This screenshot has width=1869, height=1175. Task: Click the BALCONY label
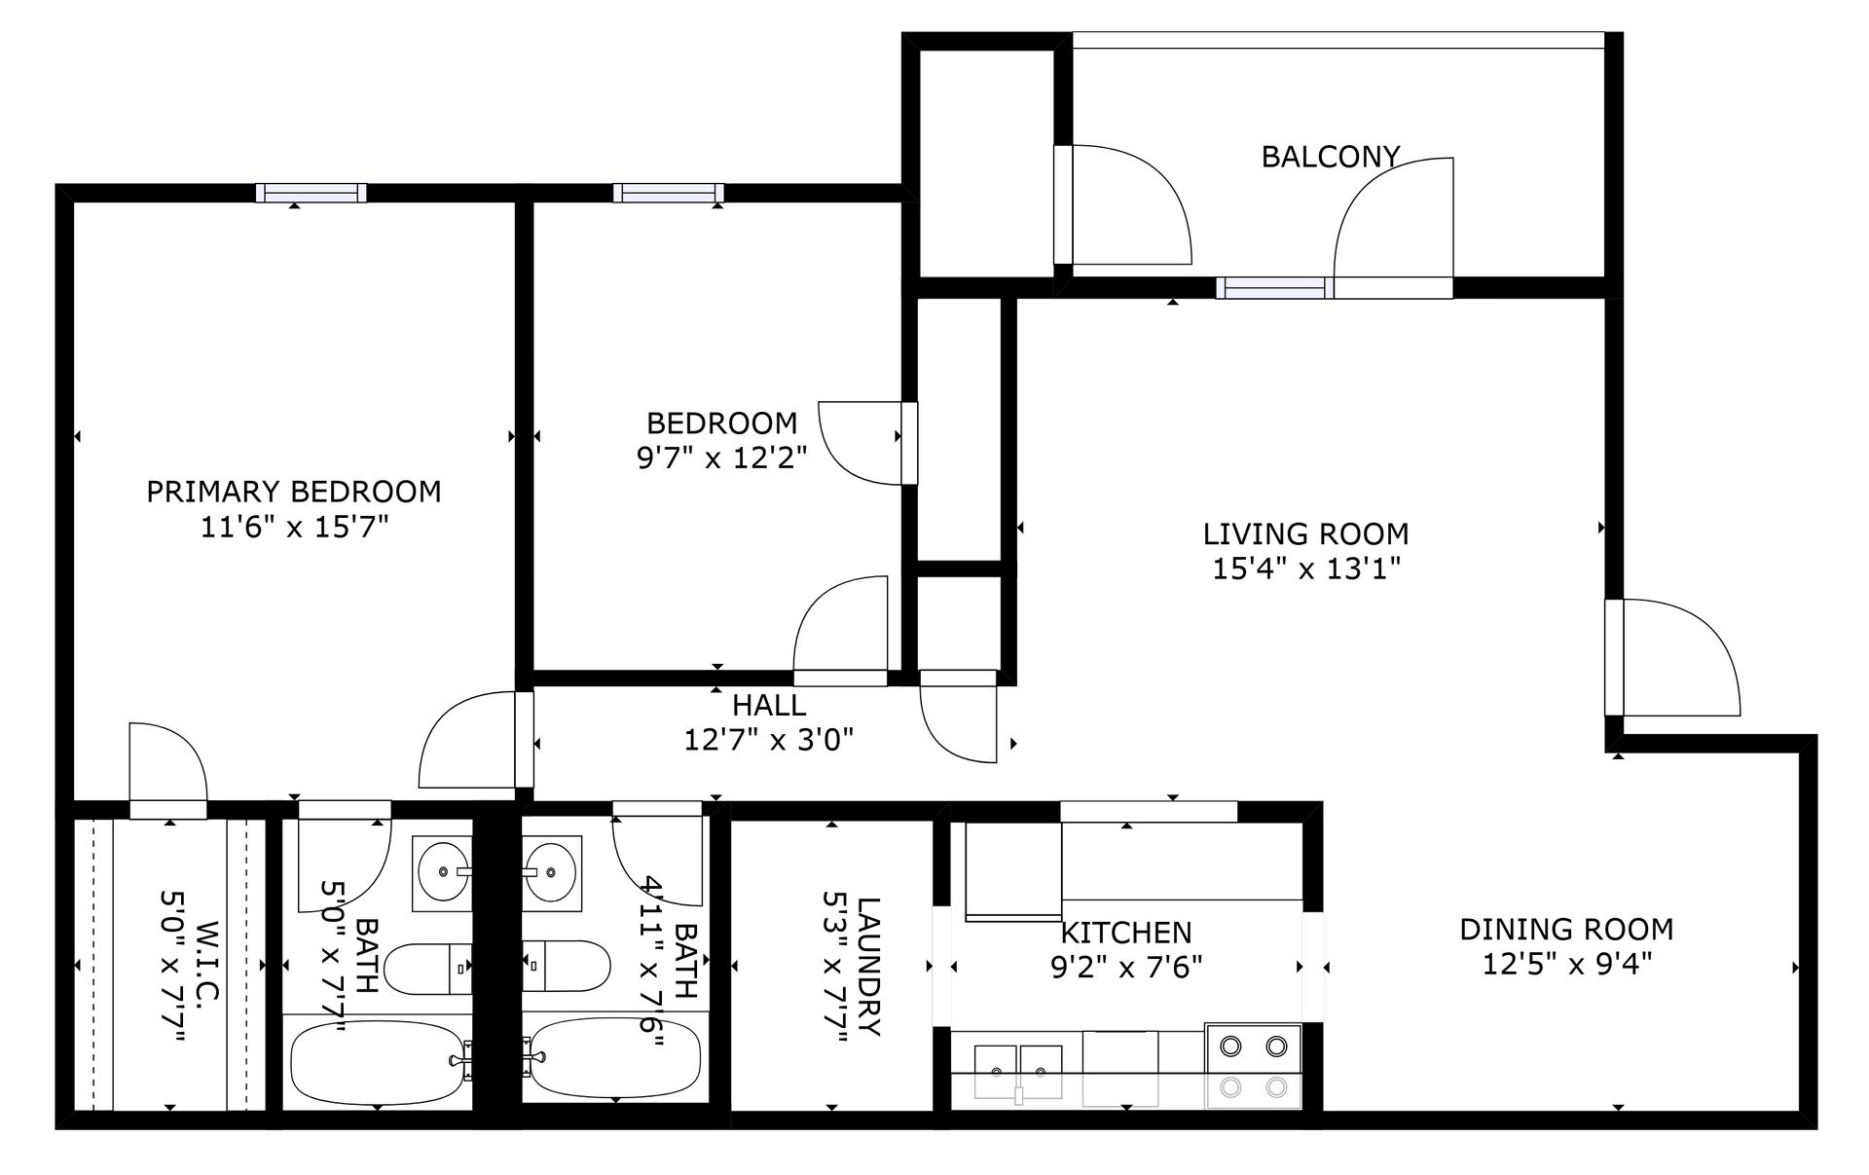coord(1330,157)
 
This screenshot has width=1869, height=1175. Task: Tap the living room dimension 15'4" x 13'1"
coord(1305,569)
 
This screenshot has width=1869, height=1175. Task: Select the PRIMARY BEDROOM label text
coord(293,492)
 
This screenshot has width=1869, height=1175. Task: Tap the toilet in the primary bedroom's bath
coord(428,969)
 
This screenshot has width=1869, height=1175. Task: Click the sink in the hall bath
coord(552,872)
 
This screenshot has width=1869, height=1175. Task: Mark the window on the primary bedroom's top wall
coord(311,193)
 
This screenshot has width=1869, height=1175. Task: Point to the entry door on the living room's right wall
coord(1672,658)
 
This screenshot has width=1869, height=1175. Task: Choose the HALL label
coord(769,705)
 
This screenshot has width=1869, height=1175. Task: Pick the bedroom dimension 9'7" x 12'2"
coord(722,458)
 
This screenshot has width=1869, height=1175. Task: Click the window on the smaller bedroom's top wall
coord(669,193)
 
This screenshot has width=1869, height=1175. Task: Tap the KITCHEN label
coord(1125,934)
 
